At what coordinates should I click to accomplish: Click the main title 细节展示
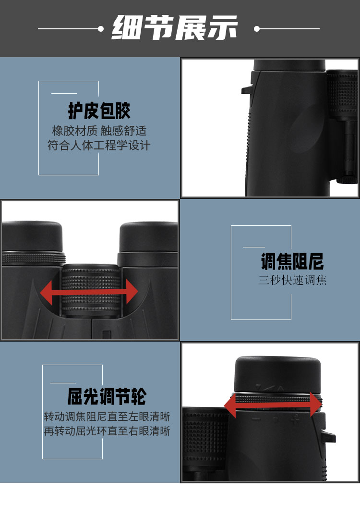point(175,28)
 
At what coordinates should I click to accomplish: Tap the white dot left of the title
point(101,29)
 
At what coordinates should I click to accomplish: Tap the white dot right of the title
point(257,29)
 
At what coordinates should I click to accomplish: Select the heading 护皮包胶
point(99,111)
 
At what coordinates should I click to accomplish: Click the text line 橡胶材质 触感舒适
point(99,131)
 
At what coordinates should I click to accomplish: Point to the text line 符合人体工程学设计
point(99,145)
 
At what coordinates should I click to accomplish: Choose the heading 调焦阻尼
point(292,262)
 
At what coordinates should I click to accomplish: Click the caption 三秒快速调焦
point(292,280)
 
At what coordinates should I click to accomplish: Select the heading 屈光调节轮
point(107,397)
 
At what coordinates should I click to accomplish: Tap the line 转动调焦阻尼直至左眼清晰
point(107,417)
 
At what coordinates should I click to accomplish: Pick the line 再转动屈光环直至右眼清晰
point(107,431)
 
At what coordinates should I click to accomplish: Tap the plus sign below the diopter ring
point(295,419)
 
